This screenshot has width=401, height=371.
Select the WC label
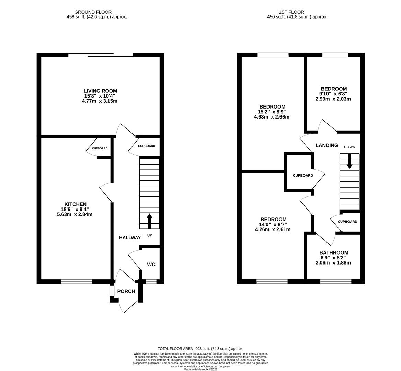tap(151, 265)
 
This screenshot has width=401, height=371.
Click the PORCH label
tap(126, 291)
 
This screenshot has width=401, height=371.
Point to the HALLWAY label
tap(130, 238)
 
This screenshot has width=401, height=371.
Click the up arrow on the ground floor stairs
tap(149, 221)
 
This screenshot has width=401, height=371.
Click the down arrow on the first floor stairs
tap(350, 161)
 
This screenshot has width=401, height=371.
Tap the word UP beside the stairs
tap(149, 235)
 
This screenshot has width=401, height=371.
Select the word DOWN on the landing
tap(350, 147)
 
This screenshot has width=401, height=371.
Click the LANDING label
tap(326, 145)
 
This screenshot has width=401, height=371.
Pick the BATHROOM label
tap(333, 252)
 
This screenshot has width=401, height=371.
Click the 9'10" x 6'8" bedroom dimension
tap(333, 94)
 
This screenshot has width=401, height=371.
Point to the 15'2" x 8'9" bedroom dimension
tap(272, 112)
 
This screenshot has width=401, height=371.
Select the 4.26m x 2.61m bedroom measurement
tap(273, 229)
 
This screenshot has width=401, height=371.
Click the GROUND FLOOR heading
tap(93, 12)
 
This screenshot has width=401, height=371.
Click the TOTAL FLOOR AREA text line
tap(200, 349)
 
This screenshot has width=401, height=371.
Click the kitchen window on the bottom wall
tap(77, 282)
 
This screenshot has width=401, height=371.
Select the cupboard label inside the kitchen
tap(100, 148)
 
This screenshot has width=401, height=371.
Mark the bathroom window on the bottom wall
tap(335, 282)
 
